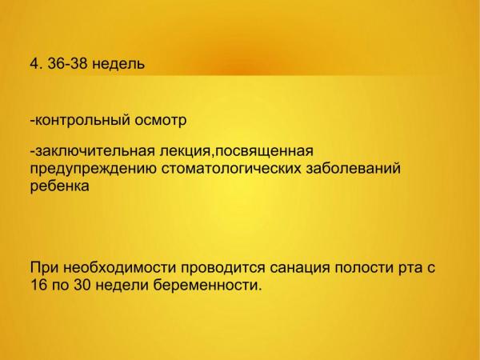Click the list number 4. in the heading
coord(37,64)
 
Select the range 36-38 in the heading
coord(66,64)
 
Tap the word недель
coord(118,65)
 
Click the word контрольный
coord(80,120)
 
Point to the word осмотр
coord(161,120)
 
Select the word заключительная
coord(93,151)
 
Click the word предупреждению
coord(94,169)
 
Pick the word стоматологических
coord(231,169)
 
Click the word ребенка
coord(60,186)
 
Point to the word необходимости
coord(120,267)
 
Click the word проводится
coord(223,269)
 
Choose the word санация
coord(300,269)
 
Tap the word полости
coord(364,268)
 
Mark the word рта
coord(409,269)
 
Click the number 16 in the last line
coord(39,285)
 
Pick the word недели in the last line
coord(122,286)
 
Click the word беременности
coord(207,286)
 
